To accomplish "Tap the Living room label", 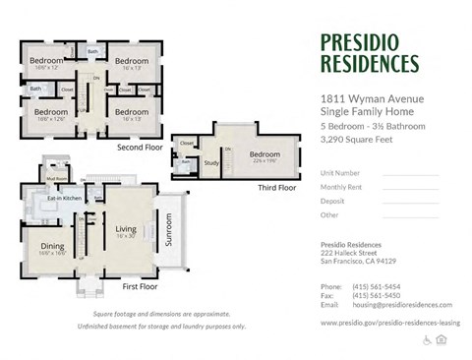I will pyautogui.click(x=125, y=229).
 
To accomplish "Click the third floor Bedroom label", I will pyautogui.click(x=264, y=154).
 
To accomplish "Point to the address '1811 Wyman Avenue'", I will pyautogui.click(x=370, y=99).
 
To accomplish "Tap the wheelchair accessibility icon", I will pyautogui.click(x=428, y=339).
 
